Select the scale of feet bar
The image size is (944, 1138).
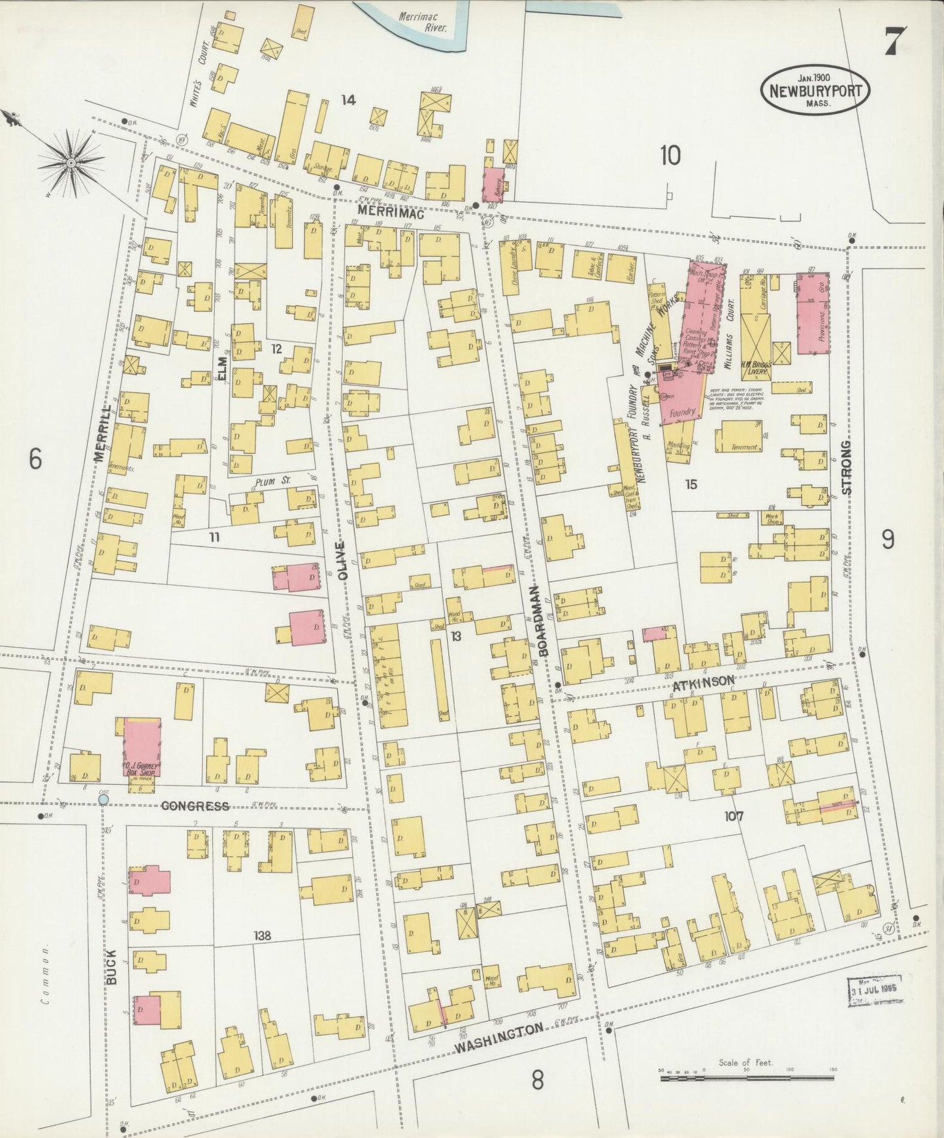745,1078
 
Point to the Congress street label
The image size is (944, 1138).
195,806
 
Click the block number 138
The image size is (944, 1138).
263,936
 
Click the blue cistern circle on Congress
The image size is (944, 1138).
103,798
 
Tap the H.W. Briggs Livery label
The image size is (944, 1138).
757,366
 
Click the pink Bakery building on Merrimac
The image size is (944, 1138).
494,184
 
